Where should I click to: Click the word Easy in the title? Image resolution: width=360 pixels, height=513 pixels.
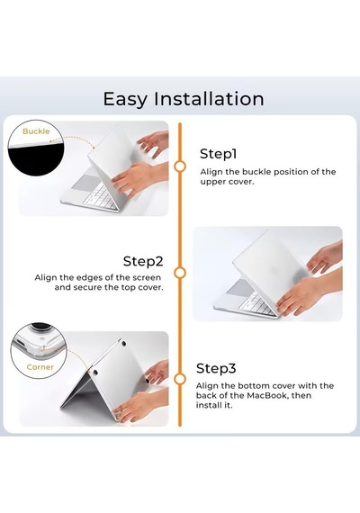(125, 99)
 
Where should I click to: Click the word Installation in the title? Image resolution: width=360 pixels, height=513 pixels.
(209, 98)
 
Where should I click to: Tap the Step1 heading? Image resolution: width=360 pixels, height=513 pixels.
(218, 154)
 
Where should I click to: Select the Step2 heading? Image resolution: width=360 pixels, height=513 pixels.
(143, 261)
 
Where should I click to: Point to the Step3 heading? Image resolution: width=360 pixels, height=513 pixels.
(216, 368)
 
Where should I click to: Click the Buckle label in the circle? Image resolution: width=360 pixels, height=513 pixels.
(36, 131)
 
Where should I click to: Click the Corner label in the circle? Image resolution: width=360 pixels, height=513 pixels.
(40, 367)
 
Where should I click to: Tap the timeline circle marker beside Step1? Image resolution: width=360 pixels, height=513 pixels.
(180, 166)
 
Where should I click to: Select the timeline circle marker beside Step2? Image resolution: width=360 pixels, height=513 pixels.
(180, 273)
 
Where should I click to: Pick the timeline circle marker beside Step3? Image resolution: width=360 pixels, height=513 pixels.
(180, 379)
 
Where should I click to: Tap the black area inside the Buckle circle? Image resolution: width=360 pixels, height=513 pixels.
(36, 160)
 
